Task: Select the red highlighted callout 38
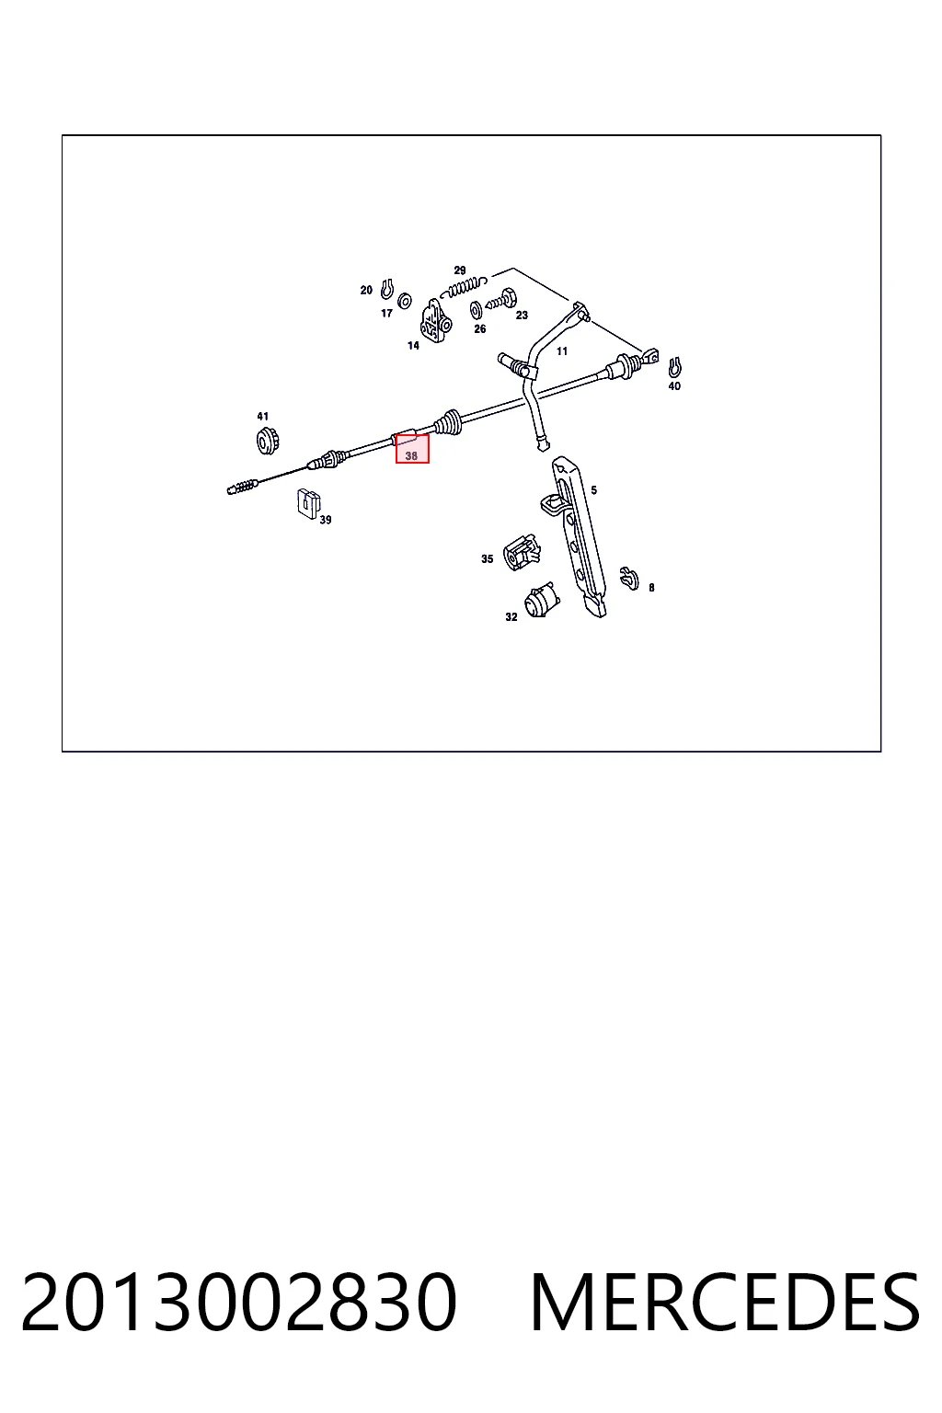(412, 449)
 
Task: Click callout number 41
(262, 417)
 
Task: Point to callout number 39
(325, 520)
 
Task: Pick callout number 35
(487, 559)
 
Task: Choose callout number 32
(511, 617)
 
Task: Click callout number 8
(651, 587)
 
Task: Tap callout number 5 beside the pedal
(593, 490)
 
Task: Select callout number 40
(674, 386)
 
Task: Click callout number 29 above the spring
(460, 270)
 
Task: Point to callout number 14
(413, 346)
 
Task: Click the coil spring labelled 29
(467, 286)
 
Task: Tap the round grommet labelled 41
(268, 440)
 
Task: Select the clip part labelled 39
(308, 504)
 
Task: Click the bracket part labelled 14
(435, 321)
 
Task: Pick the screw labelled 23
(503, 299)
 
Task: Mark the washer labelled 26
(476, 310)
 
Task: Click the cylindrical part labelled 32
(541, 601)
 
